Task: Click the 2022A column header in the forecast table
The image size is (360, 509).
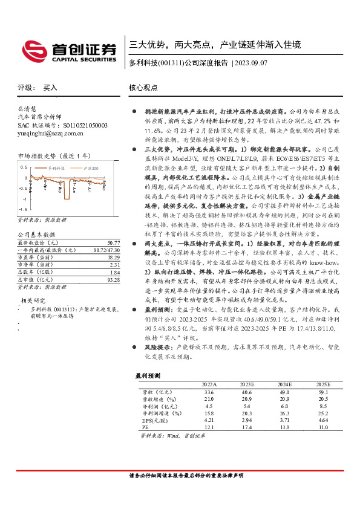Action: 209,384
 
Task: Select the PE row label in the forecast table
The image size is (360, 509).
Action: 138,427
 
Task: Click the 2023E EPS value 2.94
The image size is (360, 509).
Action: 248,420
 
